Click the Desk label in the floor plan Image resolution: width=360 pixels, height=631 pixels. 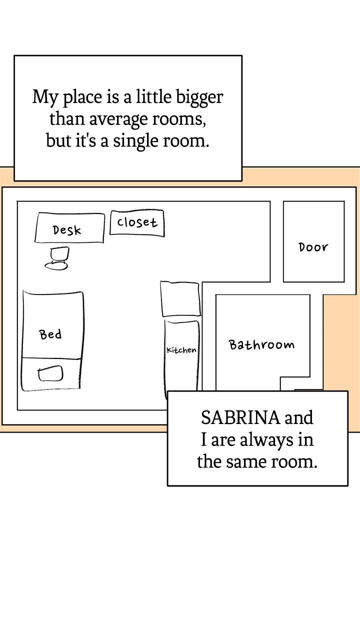[67, 230]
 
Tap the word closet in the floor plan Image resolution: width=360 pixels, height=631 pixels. [137, 222]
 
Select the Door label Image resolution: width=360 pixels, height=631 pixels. [313, 247]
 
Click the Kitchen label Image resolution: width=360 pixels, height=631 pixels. [181, 350]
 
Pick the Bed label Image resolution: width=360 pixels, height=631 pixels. [50, 334]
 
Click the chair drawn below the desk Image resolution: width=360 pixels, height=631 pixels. [57, 258]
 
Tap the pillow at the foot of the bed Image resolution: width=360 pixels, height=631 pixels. [50, 373]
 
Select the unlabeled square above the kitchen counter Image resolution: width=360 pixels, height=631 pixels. [180, 299]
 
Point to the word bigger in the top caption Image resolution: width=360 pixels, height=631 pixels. [199, 97]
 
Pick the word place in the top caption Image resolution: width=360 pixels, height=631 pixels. [82, 97]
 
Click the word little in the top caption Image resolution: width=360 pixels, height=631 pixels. [154, 96]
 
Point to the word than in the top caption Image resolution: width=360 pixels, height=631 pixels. [67, 118]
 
